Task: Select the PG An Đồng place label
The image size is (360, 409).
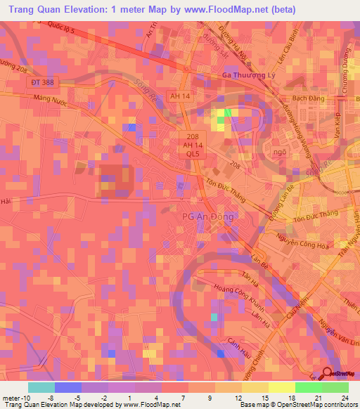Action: [207, 217]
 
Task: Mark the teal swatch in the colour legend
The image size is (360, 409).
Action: [41, 387]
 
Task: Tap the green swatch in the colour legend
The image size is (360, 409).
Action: [335, 387]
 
